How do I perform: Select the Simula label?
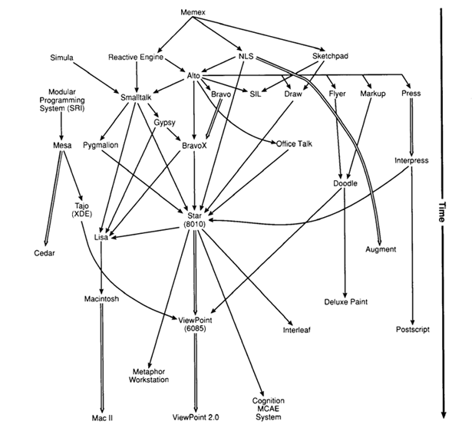61,58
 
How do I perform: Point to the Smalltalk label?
137,97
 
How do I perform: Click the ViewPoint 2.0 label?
195,417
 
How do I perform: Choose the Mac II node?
102,417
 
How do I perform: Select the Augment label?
381,249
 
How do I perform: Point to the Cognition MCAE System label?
268,409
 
